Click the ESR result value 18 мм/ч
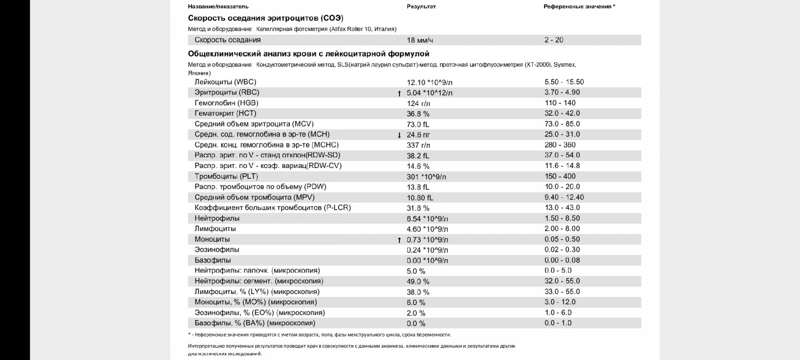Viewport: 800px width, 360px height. tap(420, 41)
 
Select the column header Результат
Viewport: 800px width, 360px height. tap(421, 6)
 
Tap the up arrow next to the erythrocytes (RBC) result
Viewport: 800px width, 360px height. tap(399, 93)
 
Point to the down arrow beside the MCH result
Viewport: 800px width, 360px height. tap(399, 135)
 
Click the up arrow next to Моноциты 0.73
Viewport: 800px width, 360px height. tap(399, 241)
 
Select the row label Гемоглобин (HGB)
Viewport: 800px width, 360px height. tap(227, 103)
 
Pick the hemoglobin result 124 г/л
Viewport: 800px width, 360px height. tap(418, 103)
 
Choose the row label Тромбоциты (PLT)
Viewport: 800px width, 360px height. tap(226, 177)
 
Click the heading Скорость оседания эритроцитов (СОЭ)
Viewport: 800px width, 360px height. tap(266, 18)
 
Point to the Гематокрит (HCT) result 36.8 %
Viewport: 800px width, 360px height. tap(418, 114)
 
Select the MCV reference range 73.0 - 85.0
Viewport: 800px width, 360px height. tap(562, 124)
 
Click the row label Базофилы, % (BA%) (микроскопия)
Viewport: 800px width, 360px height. tap(255, 323)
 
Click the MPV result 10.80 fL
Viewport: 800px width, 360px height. tap(420, 198)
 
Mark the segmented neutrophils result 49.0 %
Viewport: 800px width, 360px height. tap(418, 282)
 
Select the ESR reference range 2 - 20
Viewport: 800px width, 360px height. tap(554, 40)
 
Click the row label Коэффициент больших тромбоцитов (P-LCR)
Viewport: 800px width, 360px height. tap(273, 208)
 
